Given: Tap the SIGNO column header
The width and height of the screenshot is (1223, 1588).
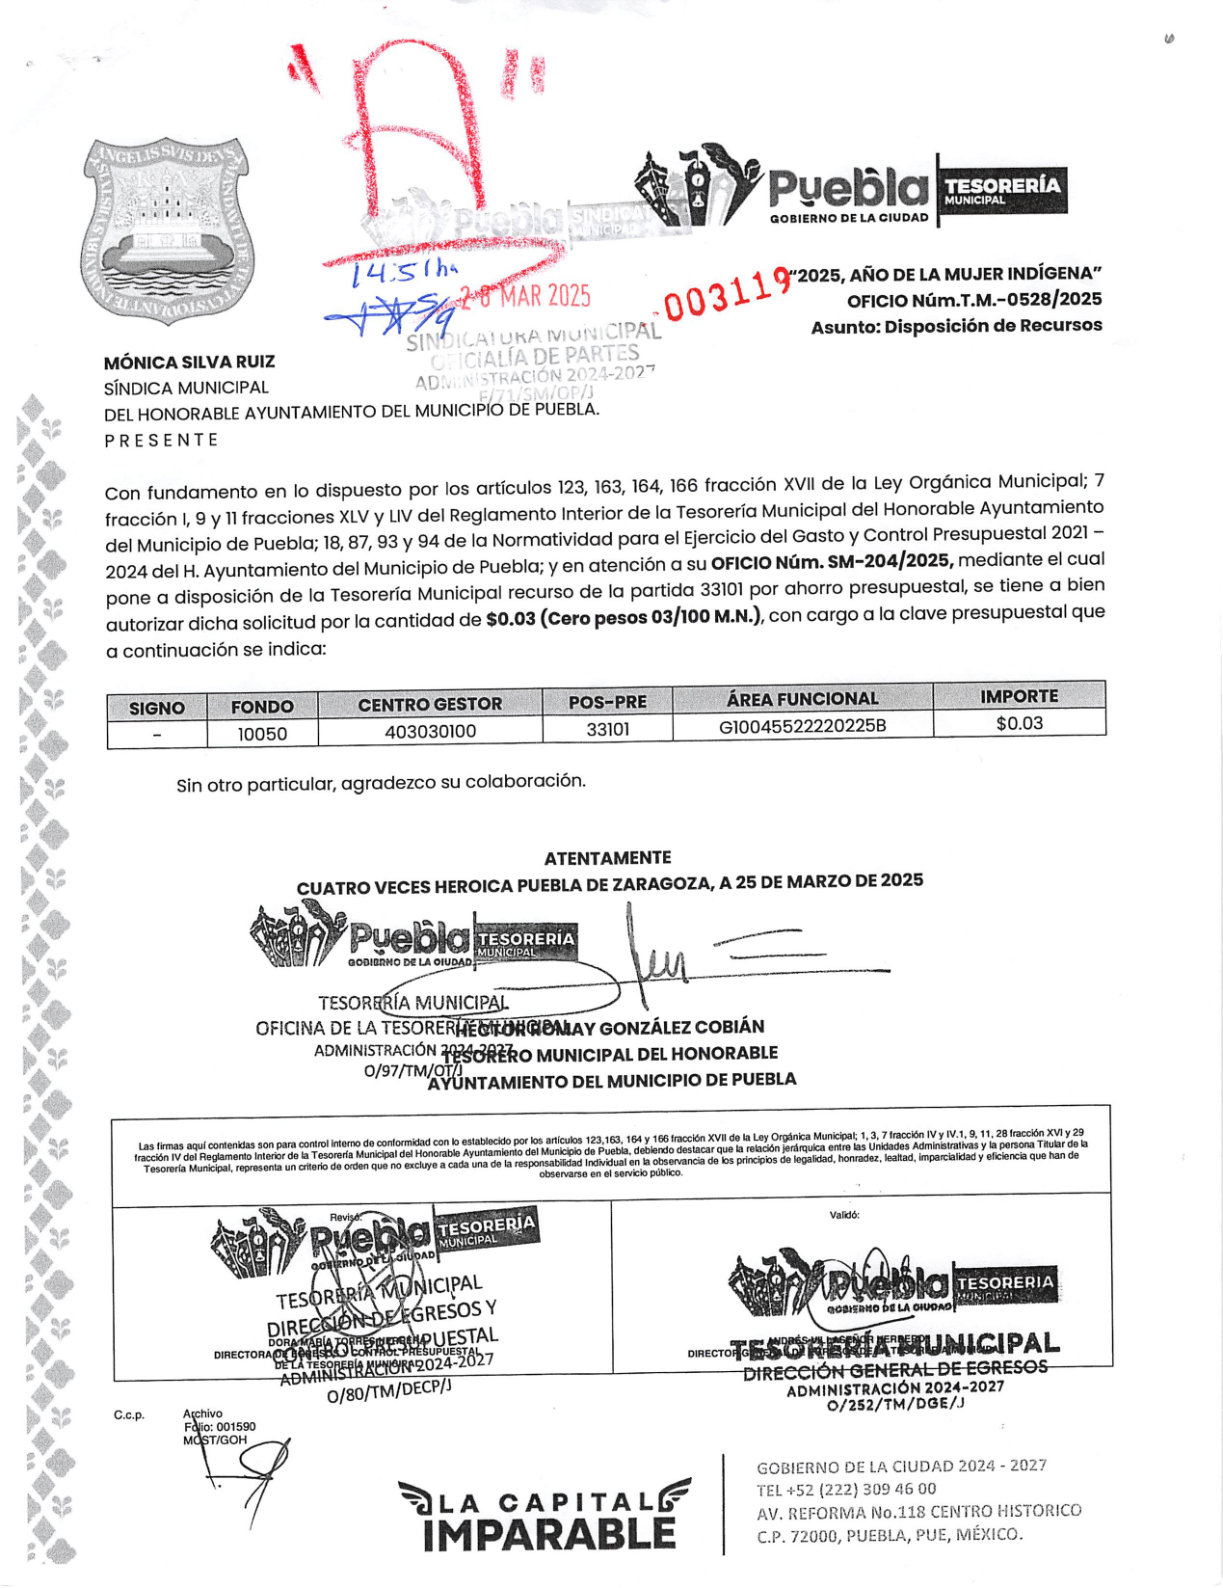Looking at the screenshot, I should coord(156,708).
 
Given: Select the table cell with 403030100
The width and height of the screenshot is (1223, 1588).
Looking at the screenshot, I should coord(430,732).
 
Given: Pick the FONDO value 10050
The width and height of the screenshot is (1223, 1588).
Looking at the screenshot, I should coord(262,734).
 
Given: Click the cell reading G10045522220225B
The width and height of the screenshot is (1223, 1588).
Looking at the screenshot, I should coord(802,725).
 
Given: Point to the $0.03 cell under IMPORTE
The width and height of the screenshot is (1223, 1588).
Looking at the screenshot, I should coord(1019,723).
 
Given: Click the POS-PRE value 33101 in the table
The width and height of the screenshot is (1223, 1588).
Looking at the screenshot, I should coord(607,729).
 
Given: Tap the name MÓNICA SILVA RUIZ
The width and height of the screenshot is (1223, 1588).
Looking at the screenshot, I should coord(190,363).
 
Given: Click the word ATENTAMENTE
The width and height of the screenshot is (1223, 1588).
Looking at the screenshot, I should coord(607,857).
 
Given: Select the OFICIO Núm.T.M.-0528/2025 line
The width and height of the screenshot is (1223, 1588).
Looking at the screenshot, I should coord(974,300).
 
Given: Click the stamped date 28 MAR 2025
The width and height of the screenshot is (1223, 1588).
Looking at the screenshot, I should coord(525,297).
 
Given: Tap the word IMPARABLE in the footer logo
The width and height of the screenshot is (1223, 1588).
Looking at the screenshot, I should coord(548,1534).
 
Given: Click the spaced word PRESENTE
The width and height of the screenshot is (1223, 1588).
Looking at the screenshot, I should coord(161,440).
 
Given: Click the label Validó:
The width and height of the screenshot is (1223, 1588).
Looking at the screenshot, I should coord(844,1215).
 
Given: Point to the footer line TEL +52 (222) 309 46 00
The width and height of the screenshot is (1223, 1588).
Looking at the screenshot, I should coord(846,1489).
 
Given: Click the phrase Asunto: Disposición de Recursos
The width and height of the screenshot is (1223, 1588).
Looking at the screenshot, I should coord(956,326).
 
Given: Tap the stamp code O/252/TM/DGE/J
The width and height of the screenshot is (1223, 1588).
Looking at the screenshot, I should coord(895,1405).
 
